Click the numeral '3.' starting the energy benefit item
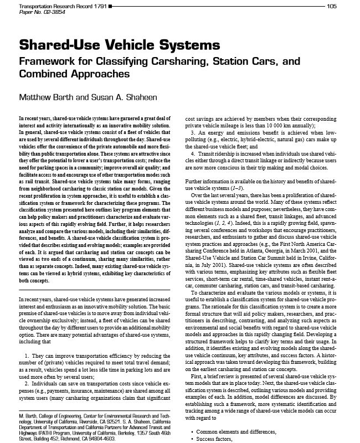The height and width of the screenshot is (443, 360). pyautogui.click(x=193, y=133)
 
